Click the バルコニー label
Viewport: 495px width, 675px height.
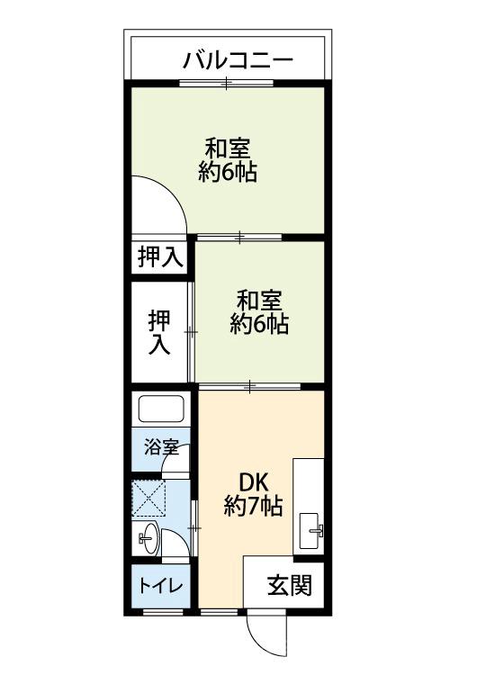coord(238,60)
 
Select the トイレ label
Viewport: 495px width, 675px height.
coord(160,586)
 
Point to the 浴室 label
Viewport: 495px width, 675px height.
coord(161,446)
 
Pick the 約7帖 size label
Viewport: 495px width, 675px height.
coord(253,507)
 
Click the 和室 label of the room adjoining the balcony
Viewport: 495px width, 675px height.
coord(227,147)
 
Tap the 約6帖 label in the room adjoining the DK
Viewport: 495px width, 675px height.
coord(259,324)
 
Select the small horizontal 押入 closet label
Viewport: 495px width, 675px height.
coord(160,257)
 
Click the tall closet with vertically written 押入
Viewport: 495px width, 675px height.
coord(159,331)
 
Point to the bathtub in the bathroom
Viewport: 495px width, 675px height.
coord(161,409)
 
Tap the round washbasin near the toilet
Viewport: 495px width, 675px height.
coord(148,540)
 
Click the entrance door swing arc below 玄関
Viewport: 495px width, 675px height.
coord(268,634)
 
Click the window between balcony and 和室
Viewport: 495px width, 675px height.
coord(228,84)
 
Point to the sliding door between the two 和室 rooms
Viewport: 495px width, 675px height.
coord(239,238)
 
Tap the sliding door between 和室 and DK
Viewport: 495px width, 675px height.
coord(249,385)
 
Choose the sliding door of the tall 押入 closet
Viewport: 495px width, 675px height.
coord(191,331)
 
